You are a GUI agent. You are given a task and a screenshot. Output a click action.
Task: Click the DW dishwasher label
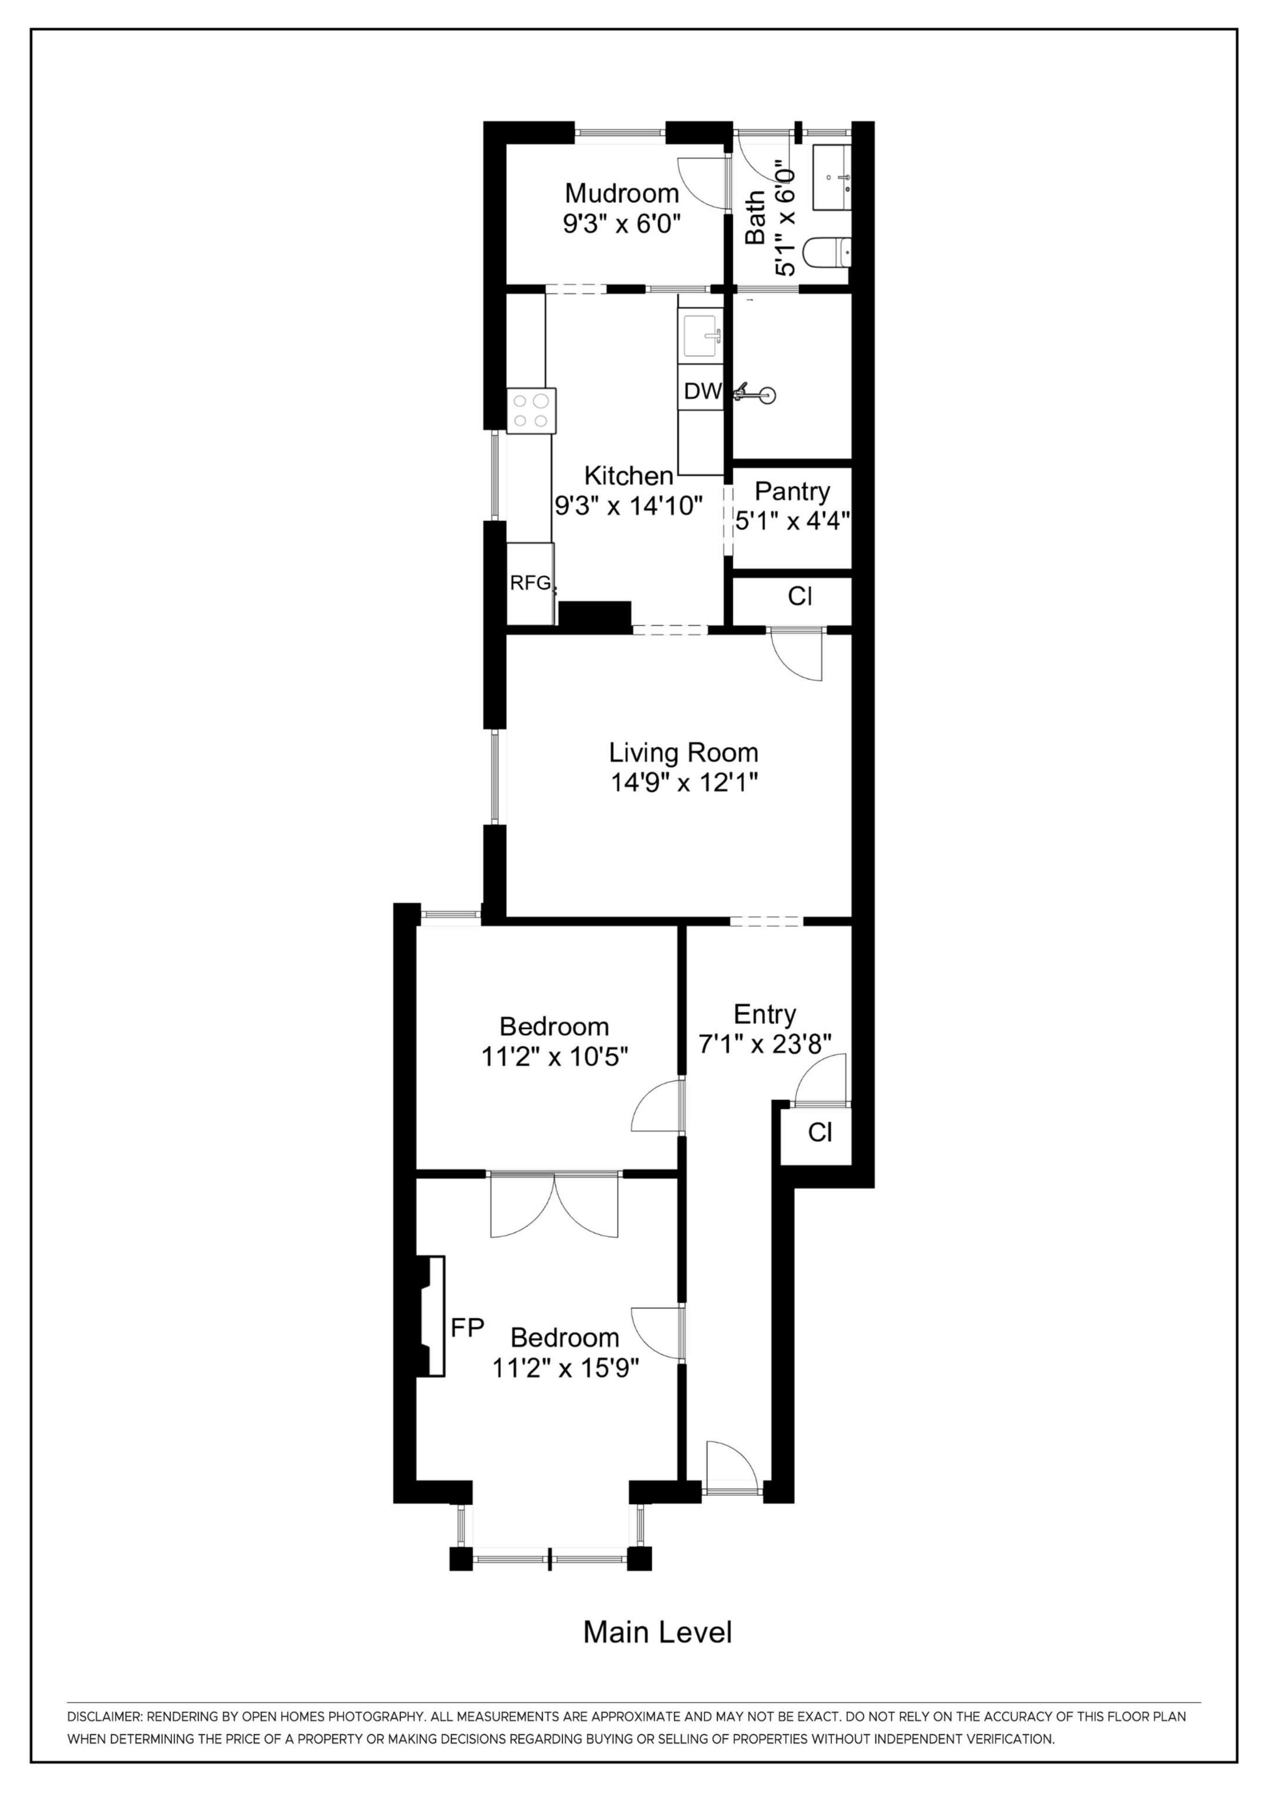point(702,392)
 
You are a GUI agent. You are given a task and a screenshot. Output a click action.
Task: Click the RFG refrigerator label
point(531,583)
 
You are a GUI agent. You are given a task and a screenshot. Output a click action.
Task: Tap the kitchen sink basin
point(701,336)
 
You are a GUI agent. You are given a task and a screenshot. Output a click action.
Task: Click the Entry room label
point(765,1014)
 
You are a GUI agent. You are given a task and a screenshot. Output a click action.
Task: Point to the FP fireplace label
point(467,1327)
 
